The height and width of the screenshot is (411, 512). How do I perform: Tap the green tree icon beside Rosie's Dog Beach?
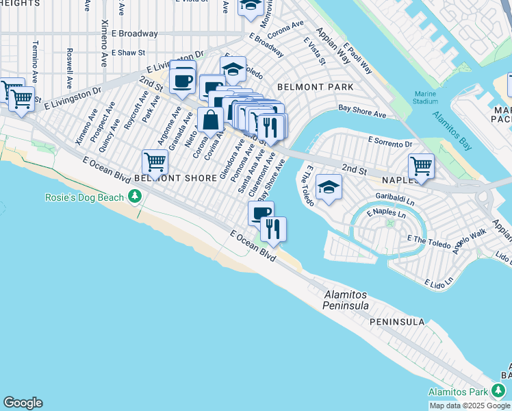point(136,197)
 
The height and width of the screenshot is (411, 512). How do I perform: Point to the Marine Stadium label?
point(426,98)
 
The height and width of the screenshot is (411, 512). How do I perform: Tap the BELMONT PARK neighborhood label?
point(315,87)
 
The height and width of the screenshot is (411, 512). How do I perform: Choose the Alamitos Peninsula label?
point(346,299)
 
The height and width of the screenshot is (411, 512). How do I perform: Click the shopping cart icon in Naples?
point(421,166)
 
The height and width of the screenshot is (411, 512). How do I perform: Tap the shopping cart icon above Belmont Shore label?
point(155,163)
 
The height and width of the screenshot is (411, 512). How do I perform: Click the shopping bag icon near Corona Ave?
point(210,119)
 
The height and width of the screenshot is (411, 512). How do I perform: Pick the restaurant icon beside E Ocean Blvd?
point(273,228)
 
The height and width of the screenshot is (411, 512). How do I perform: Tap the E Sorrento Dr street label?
point(390,143)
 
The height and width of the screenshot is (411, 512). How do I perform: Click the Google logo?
point(23,403)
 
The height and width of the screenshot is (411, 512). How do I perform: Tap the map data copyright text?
point(470,406)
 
